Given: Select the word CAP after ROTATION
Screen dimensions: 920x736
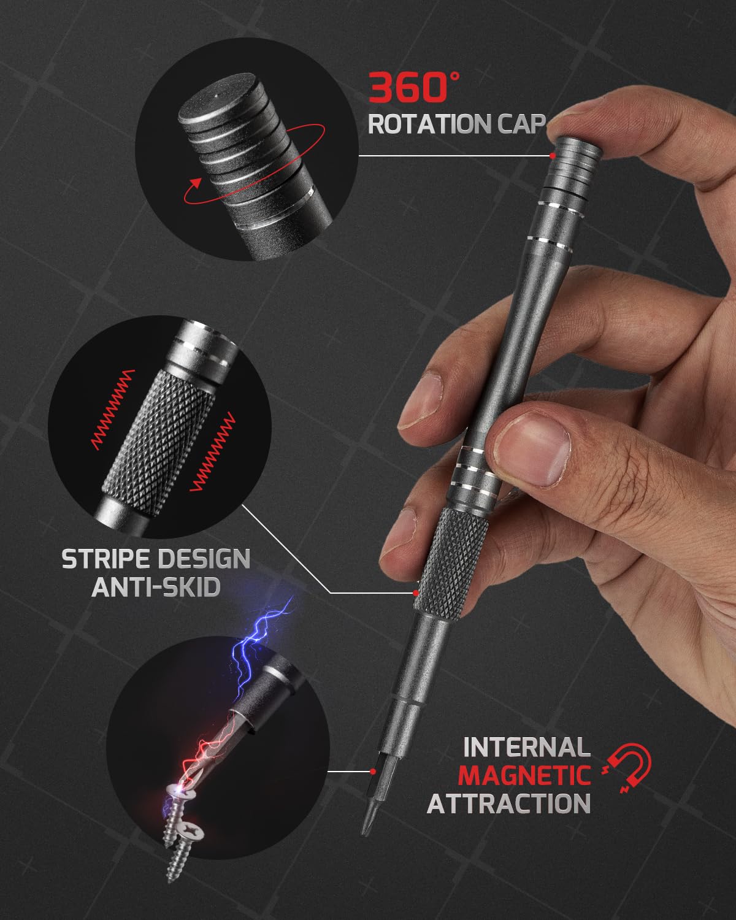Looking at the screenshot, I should point(511,124).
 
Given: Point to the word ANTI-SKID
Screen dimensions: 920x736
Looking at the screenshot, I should point(156,587).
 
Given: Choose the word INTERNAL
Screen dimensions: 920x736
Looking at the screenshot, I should point(526,747).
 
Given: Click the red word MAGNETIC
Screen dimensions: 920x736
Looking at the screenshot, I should point(525,775).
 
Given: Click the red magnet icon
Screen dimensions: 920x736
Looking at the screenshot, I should point(629,767).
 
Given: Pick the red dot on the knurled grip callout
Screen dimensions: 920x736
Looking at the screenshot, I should point(416,593).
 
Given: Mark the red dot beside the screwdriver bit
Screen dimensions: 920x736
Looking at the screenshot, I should point(372,771).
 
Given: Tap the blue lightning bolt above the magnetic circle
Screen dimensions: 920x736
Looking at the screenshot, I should point(258,632).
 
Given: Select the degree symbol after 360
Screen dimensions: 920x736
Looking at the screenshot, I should point(454,77).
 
